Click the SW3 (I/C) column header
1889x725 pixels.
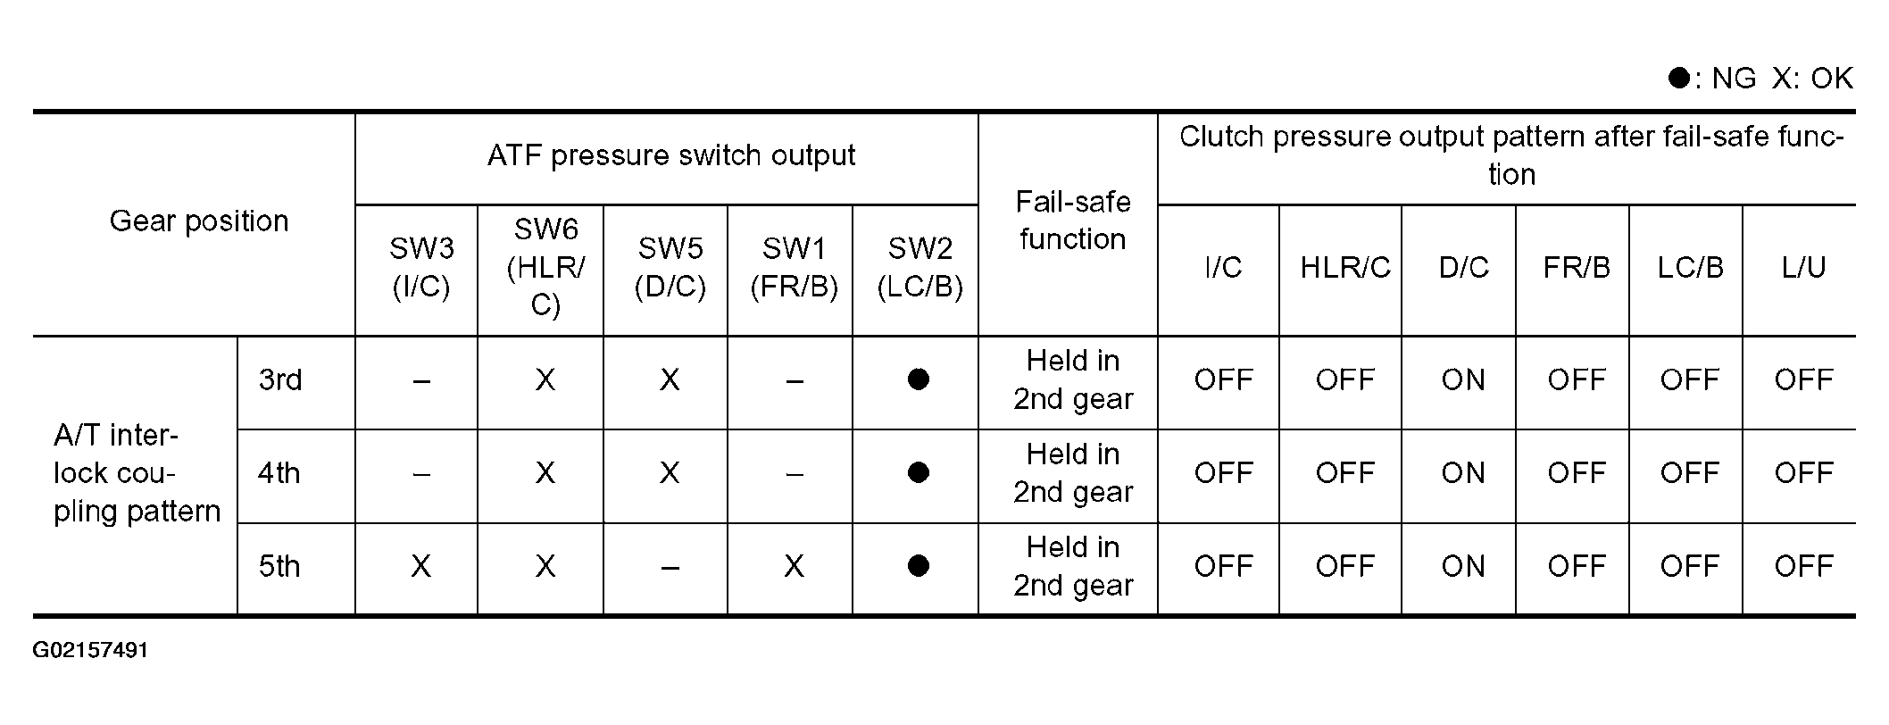tap(420, 267)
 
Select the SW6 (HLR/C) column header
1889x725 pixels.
tap(545, 267)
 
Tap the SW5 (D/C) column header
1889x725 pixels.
tap(670, 267)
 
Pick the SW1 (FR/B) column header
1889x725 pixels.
tap(794, 267)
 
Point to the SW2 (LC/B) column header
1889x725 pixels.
tap(920, 267)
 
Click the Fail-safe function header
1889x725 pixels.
tap(1072, 221)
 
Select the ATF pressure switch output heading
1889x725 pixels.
tap(671, 156)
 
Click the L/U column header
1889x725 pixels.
tap(1803, 267)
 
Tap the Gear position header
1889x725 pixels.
tap(199, 221)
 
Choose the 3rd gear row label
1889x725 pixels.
tap(280, 380)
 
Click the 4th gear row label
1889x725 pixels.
tap(279, 473)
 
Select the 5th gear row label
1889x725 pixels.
tap(279, 566)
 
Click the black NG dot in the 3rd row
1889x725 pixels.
tap(919, 379)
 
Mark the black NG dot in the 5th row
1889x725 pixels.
tap(919, 565)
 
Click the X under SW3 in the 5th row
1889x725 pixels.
tap(420, 566)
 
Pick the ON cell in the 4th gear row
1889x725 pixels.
tap(1463, 473)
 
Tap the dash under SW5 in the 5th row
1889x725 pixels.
tap(670, 567)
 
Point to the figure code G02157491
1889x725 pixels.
tap(90, 650)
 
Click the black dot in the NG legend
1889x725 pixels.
tap(1679, 78)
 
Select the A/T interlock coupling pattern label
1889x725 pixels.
tap(137, 473)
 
